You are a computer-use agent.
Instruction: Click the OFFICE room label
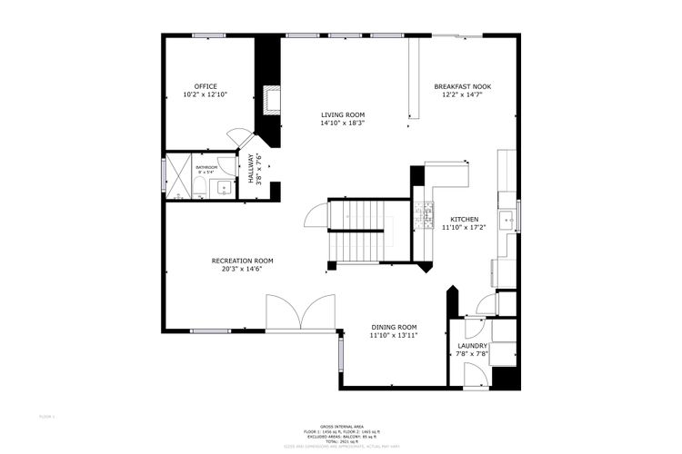click(x=205, y=86)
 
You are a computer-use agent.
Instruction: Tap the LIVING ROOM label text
click(x=343, y=115)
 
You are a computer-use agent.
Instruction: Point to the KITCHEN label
click(x=465, y=220)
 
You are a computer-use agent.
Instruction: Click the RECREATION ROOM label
click(x=242, y=261)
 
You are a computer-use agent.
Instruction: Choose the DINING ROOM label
click(x=393, y=327)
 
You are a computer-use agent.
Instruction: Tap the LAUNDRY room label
click(x=472, y=346)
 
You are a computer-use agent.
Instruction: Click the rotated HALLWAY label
click(x=252, y=169)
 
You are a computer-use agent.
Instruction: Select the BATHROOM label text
click(x=206, y=167)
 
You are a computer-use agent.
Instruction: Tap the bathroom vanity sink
click(x=223, y=189)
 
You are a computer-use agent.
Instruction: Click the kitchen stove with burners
click(x=423, y=217)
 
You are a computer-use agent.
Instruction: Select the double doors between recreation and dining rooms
click(x=301, y=313)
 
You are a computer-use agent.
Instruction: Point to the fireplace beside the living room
click(x=268, y=99)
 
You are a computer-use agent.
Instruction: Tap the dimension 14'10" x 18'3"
click(x=343, y=123)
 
